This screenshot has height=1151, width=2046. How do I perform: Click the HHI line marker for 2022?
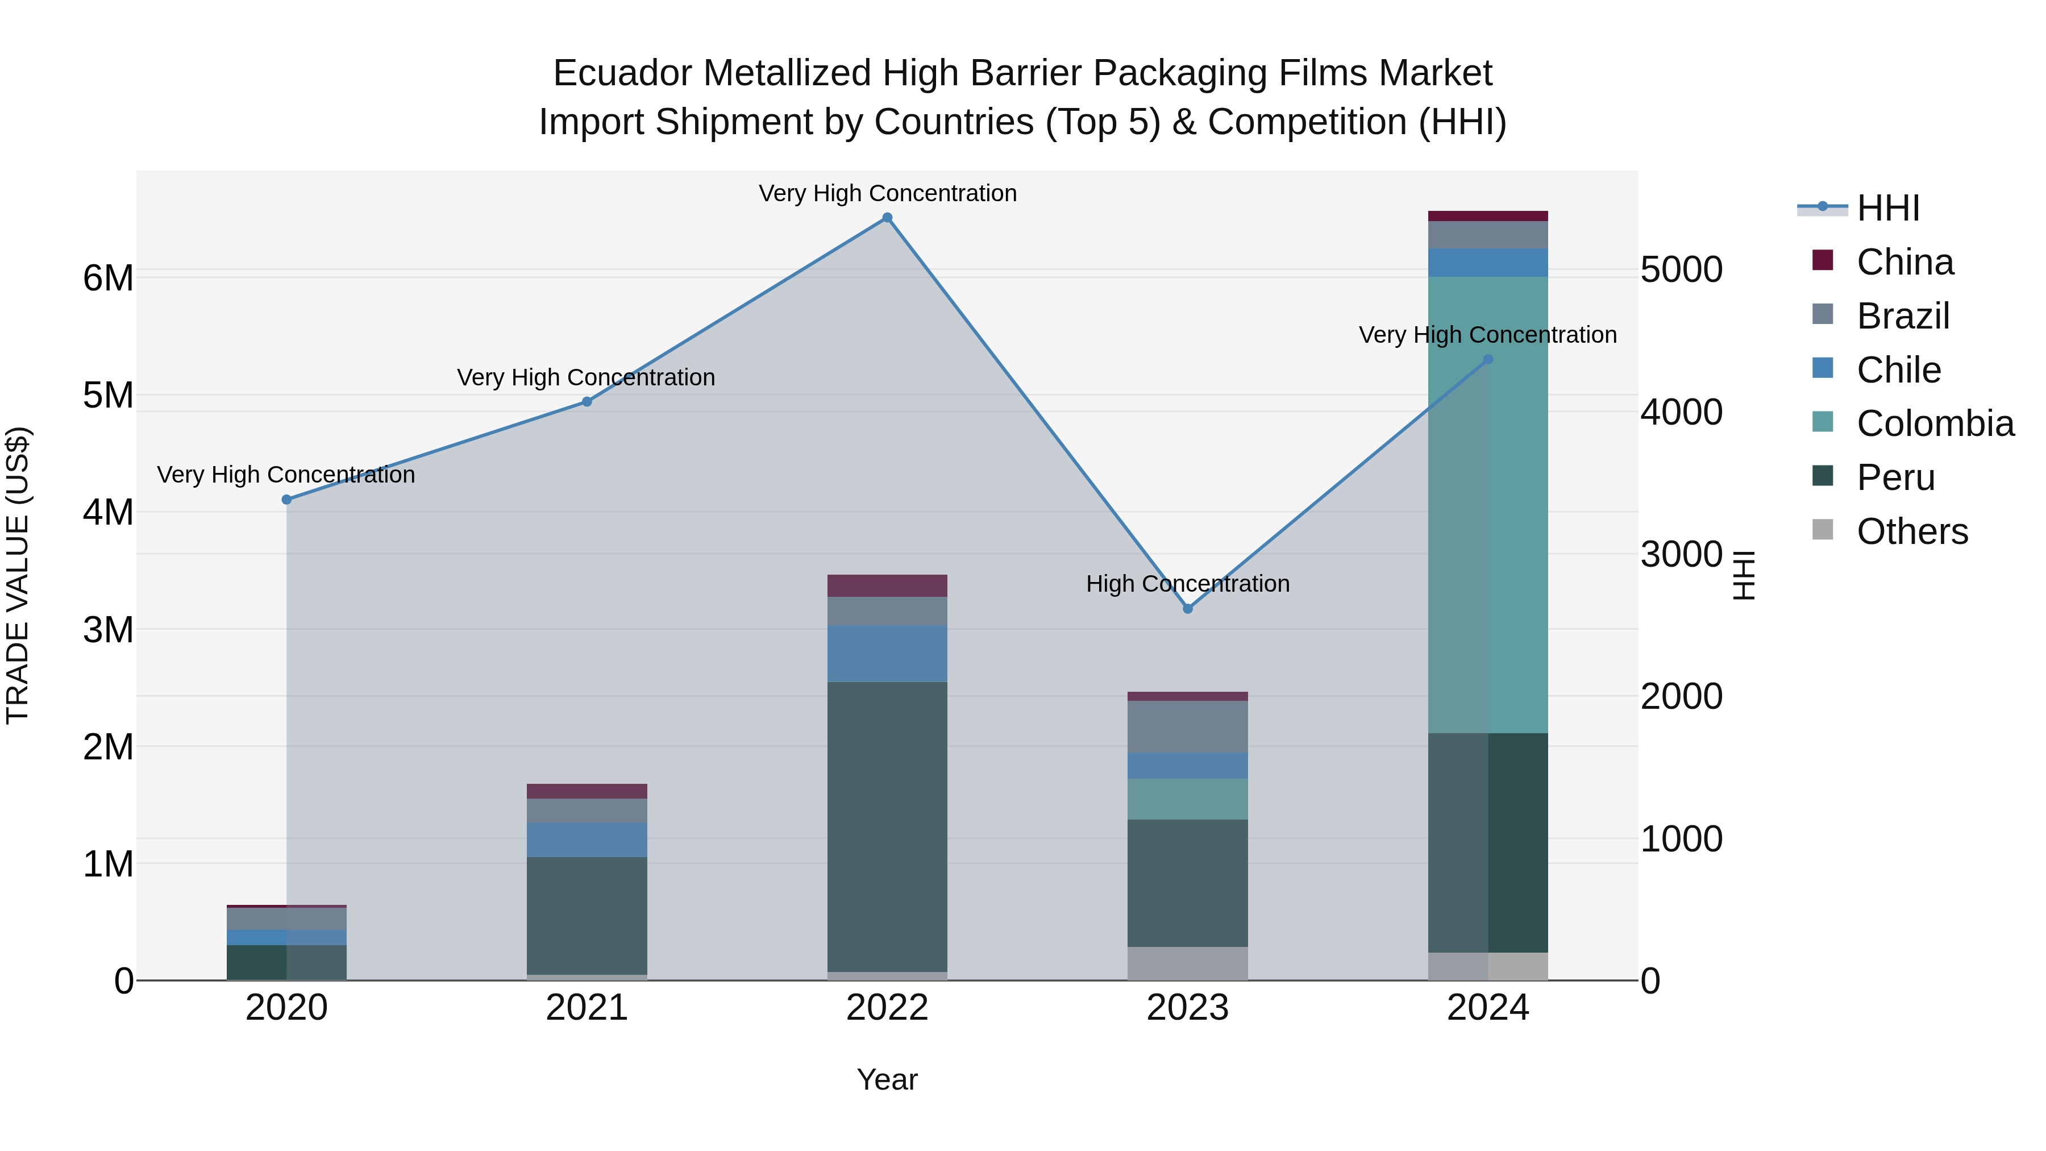pos(887,218)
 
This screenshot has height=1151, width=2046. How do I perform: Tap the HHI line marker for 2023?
pos(1187,608)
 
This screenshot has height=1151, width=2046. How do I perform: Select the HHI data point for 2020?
pos(287,500)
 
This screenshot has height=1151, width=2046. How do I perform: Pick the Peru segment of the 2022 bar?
pos(887,826)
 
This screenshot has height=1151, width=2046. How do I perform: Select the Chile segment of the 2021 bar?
pos(587,840)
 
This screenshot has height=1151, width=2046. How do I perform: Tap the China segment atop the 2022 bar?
pos(887,585)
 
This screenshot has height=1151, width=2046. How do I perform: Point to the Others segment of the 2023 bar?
pos(1187,963)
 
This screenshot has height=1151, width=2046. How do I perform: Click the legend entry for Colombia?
pos(1935,423)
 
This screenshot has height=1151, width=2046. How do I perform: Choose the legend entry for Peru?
pos(1895,477)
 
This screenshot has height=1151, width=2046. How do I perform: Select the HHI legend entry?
pos(1888,208)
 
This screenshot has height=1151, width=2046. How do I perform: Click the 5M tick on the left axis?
pos(108,396)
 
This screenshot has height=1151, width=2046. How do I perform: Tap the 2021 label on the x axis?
pos(587,1008)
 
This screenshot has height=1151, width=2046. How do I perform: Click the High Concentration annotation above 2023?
pos(1187,584)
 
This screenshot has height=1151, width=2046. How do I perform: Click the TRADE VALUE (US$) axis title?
pos(18,575)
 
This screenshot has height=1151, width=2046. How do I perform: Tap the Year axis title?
pos(887,1079)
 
